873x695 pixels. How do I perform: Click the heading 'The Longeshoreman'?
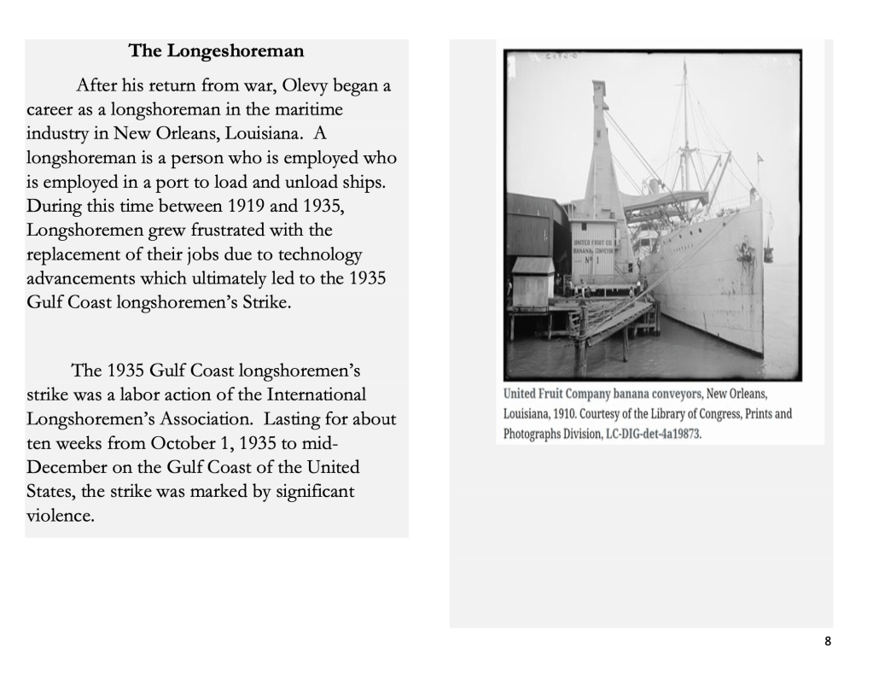(x=216, y=51)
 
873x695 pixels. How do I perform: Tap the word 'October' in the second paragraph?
(x=183, y=444)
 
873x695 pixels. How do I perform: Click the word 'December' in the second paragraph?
(x=67, y=468)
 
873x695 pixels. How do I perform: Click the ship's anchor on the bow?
(x=745, y=249)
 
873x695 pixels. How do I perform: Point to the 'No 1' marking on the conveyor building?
(x=597, y=260)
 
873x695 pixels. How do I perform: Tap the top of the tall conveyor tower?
(x=598, y=86)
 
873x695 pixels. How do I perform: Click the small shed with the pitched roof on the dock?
(x=533, y=282)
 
